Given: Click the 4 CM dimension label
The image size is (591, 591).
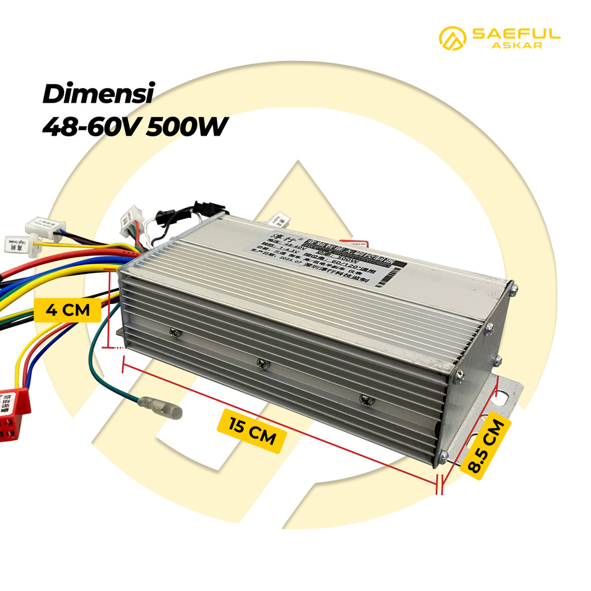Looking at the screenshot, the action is pos(68,311).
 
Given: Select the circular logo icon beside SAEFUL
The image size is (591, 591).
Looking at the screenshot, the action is pos(452,38).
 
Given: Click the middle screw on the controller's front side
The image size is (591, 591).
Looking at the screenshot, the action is pos(262,364).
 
